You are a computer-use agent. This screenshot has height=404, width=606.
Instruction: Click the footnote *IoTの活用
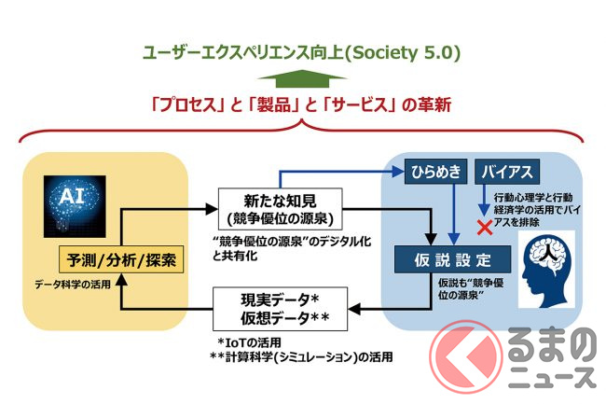(248, 341)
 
